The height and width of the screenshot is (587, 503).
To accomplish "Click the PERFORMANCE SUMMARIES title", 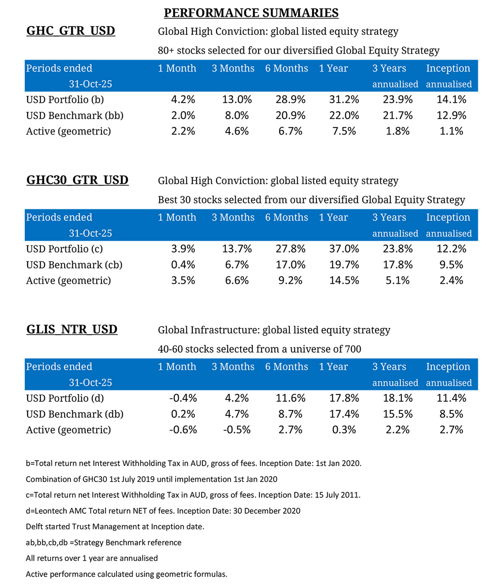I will pos(251,13).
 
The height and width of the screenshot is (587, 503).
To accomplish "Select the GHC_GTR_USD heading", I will pos(70,31).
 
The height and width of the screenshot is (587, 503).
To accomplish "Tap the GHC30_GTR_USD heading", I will pos(77,180).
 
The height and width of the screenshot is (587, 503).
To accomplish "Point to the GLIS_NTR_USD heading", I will pos(72,330).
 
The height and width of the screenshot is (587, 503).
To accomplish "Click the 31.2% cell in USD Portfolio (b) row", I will pos(344,100).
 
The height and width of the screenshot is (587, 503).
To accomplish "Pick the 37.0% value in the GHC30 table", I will pos(344,249).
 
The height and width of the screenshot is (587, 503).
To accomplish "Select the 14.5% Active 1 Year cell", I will pos(344,281).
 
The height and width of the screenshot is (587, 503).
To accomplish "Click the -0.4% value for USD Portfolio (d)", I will pos(183,398).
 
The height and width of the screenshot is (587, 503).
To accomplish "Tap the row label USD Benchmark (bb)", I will pos(75,116).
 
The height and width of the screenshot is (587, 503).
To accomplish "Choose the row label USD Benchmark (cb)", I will pos(74,265).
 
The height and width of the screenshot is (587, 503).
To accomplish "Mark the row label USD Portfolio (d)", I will pos(65,398).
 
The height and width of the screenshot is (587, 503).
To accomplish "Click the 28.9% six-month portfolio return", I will pos(290,100).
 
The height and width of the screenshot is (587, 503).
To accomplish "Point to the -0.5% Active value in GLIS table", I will pos(237,430).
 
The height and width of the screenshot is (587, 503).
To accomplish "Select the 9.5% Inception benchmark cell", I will pos(451,265).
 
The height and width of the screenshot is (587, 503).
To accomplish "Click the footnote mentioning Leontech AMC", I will pos(163,511).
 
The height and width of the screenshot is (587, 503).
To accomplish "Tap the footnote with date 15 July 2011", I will pos(193,495).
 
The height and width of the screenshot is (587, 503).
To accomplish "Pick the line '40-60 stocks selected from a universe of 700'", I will pos(259,349).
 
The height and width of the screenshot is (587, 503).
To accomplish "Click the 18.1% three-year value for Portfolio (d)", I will pos(397,398).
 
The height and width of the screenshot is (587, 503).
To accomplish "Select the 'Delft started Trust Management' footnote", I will pos(115,527).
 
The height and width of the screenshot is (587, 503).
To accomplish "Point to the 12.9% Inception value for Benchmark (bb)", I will pos(451,116).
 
